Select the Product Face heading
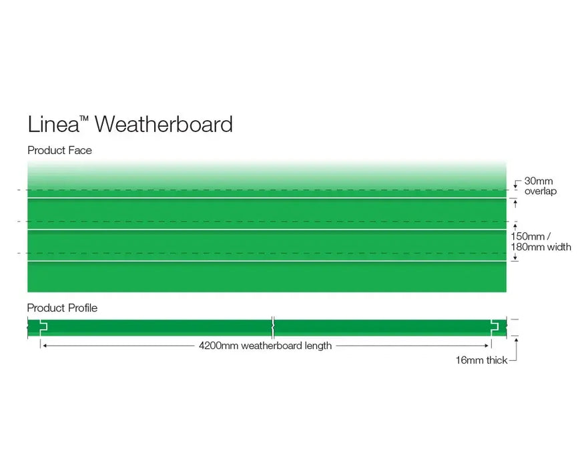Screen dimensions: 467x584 pyautogui.click(x=59, y=151)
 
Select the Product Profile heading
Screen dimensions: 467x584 pyautogui.click(x=62, y=308)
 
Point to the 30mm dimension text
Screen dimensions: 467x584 pyautogui.click(x=538, y=181)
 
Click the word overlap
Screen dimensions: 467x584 pyautogui.click(x=540, y=191)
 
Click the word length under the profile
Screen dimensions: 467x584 pyautogui.click(x=316, y=346)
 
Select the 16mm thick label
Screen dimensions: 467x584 pyautogui.click(x=481, y=360)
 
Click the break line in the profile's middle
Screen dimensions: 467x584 pyautogui.click(x=272, y=326)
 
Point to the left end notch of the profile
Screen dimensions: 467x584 pyautogui.click(x=43, y=326)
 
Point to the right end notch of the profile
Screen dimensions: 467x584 pyautogui.click(x=495, y=326)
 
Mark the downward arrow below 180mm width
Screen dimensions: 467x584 pyautogui.click(x=515, y=257)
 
